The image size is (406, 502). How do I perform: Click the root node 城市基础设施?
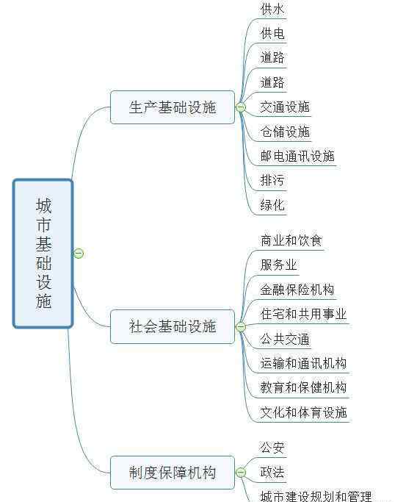pos(43,254)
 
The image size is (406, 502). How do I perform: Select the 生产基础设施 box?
pos(173,107)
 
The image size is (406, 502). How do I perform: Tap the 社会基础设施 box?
pos(173,326)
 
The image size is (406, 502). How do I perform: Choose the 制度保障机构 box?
pos(173,473)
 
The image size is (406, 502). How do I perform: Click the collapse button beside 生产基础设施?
pos(241,107)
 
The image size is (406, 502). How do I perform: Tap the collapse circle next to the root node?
pos(79,254)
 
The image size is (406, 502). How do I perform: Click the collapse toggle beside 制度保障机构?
pos(241,472)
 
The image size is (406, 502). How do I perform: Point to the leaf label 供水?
pos(272,9)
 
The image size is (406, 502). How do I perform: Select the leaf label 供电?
pos(272,33)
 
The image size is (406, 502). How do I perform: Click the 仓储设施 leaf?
pos(285,132)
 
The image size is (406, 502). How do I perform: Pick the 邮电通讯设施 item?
pos(297,156)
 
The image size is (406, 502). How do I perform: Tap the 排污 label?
pos(272,180)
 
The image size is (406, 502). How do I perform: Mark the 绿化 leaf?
pos(272,205)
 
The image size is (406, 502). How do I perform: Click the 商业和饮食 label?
pos(291,240)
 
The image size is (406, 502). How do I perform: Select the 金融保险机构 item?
pos(297,290)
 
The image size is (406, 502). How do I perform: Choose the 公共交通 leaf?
pos(285,339)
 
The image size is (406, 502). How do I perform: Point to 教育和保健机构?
pos(303,387)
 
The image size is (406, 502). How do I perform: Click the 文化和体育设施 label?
pos(303,412)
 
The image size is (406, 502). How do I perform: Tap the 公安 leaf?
pos(272,448)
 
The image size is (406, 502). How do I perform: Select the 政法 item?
pos(272,472)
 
